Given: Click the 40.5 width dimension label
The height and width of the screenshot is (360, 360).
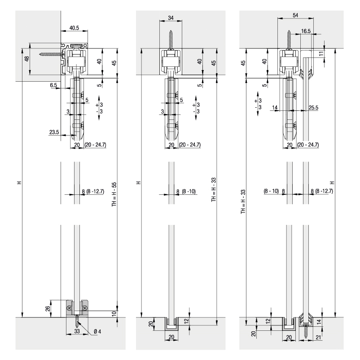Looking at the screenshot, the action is [x=74, y=28].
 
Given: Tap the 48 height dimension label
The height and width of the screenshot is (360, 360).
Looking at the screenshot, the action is [x=27, y=59].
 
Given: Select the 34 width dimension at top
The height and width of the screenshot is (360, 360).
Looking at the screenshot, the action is [x=171, y=18].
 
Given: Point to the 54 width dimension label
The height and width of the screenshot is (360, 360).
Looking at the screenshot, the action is [x=295, y=15].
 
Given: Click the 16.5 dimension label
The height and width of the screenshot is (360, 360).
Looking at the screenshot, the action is [x=306, y=31].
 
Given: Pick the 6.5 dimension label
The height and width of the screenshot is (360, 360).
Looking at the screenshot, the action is [x=53, y=85].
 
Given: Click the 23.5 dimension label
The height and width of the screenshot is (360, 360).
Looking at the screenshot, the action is [x=54, y=132].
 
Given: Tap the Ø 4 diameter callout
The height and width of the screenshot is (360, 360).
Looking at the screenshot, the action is [x=97, y=331].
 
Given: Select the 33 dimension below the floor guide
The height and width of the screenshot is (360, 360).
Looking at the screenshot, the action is [x=77, y=331].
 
